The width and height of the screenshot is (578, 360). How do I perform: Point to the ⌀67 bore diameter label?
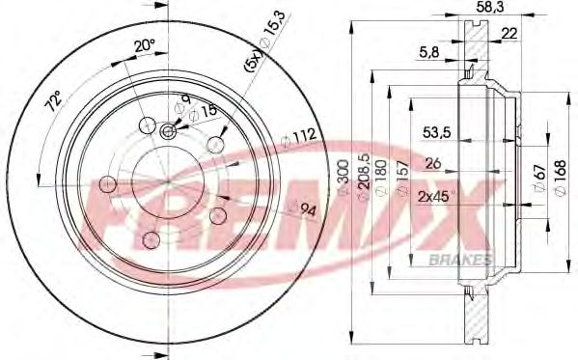pos(540,179)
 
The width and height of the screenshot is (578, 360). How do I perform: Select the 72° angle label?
pos(56,99)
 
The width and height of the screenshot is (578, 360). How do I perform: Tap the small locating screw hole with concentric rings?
pos(168,132)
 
